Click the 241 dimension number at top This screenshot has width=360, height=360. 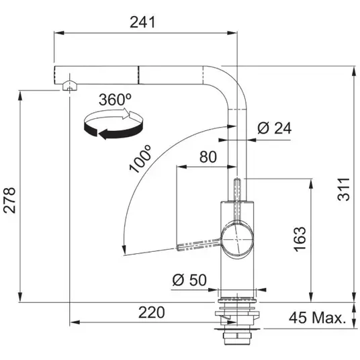142,22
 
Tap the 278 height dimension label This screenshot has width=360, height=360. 10,200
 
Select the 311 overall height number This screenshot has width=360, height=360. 344,189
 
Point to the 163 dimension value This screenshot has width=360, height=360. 300,239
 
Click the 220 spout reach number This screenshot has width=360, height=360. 152,312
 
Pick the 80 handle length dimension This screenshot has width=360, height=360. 208,156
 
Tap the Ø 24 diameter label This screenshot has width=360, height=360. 274,128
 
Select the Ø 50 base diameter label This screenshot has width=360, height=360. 189,280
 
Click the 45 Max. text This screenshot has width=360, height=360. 318,318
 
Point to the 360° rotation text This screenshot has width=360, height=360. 116,99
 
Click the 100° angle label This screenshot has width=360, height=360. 140,159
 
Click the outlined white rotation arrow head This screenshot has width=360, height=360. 126,114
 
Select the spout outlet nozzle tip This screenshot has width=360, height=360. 69,87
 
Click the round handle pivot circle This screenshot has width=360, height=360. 237,239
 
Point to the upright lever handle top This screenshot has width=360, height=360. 237,179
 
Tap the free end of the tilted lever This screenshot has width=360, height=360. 178,248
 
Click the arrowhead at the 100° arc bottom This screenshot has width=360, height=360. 124,250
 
